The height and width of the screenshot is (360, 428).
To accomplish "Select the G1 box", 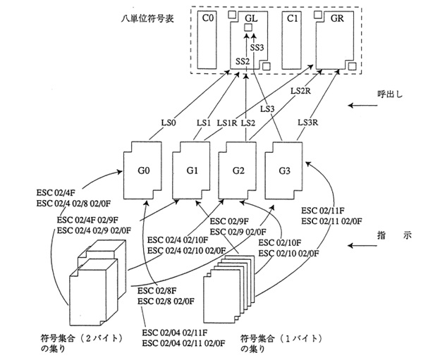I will click(192, 171).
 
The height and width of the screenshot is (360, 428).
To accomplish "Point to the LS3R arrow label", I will click(306, 124).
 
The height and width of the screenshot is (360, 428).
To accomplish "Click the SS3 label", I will click(257, 47).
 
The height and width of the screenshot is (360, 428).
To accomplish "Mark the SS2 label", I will click(243, 62).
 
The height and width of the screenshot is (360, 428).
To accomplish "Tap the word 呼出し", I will click(390, 94).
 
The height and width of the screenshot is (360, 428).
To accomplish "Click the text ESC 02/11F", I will click(324, 210).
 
